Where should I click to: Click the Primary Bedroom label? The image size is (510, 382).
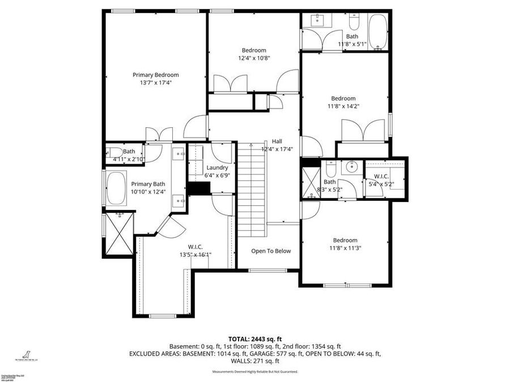pos(155,75)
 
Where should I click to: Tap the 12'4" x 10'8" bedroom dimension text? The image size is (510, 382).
pos(253,58)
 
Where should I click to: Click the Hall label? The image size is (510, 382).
pos(277,141)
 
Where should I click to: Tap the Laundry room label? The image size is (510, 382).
pos(217,168)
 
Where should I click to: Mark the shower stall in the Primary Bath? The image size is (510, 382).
pos(118,233)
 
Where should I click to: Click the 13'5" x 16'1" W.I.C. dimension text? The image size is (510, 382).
pos(195,255)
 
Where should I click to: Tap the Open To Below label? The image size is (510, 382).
pos(271,251)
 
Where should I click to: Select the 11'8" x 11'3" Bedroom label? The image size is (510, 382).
pos(345,240)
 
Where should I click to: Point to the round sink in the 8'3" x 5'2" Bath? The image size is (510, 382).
pos(351,166)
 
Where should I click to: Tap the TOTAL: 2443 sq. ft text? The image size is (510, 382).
pos(254,338)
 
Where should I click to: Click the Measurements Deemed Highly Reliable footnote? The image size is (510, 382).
pos(254,372)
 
